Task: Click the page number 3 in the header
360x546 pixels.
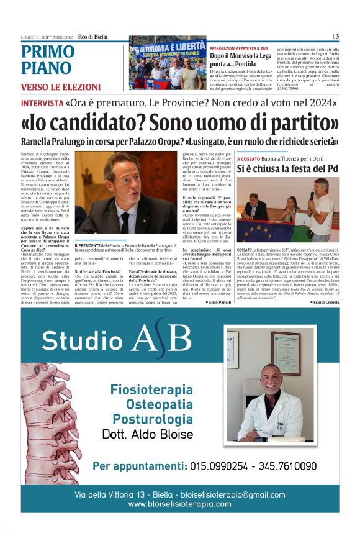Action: [336, 36]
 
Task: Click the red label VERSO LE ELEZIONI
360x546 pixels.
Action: [60, 87]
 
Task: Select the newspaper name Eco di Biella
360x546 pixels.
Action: [92, 36]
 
